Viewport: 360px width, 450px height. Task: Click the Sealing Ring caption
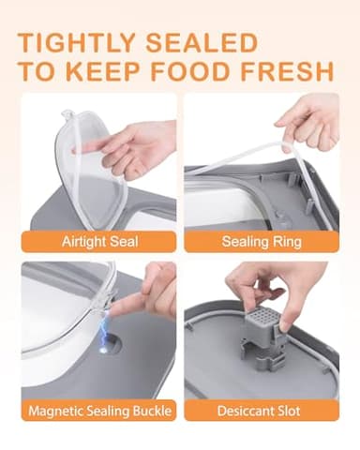[262, 241]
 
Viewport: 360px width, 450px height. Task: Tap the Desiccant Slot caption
[262, 410]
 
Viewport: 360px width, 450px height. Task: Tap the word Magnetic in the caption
[58, 410]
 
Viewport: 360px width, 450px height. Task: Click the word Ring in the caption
[287, 241]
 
